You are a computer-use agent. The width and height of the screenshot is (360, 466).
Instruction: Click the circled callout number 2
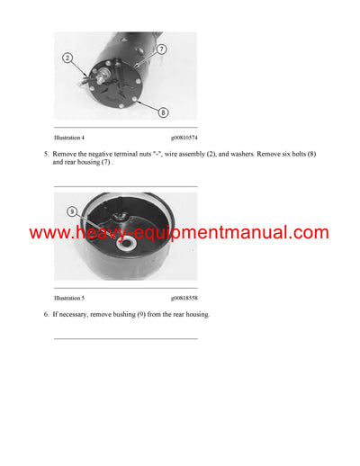(x=67, y=58)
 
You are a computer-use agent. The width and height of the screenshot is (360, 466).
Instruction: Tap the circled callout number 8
(x=163, y=112)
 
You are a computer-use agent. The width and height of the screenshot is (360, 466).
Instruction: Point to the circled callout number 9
(x=72, y=212)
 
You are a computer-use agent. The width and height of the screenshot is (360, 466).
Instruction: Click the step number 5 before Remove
(x=46, y=155)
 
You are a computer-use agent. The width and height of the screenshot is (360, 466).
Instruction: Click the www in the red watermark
(x=49, y=233)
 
